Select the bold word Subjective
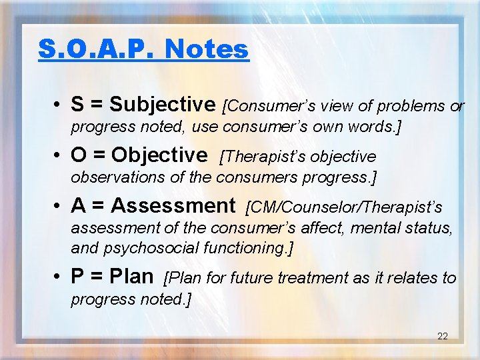(162, 105)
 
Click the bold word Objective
(159, 155)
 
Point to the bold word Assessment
(173, 206)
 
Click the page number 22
(442, 336)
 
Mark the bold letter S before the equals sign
(77, 105)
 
